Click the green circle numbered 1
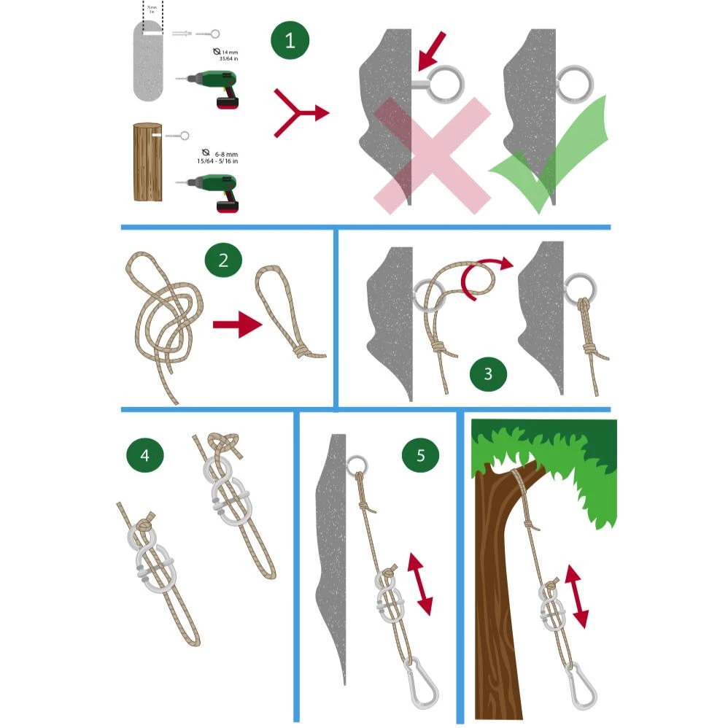coord(290,40)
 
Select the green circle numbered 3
coord(488,373)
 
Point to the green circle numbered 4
coord(144,456)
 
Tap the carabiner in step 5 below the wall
coord(417,681)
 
